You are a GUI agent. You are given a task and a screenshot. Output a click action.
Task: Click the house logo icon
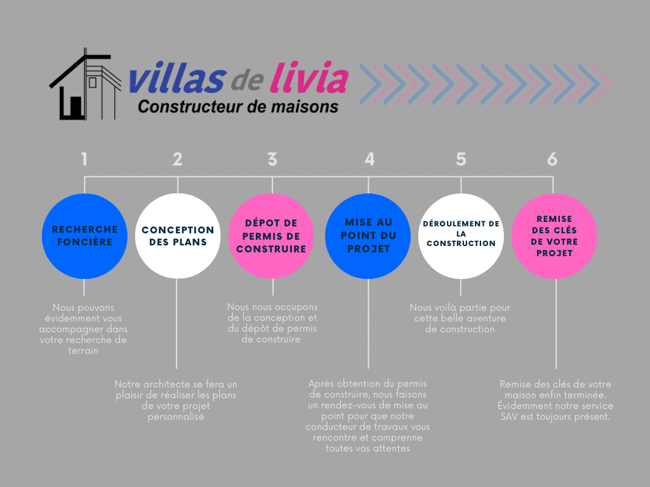pyautogui.click(x=85, y=85)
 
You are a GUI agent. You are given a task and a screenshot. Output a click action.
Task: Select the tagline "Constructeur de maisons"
pyautogui.click(x=238, y=107)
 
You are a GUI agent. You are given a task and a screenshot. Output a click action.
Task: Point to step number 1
pyautogui.click(x=84, y=159)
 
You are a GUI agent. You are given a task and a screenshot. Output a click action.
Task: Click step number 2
pyautogui.click(x=177, y=159)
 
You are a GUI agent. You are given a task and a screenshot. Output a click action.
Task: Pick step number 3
pyautogui.click(x=272, y=159)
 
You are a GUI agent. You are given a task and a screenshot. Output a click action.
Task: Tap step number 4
pyautogui.click(x=369, y=159)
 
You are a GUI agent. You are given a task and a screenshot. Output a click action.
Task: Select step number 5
pyautogui.click(x=461, y=159)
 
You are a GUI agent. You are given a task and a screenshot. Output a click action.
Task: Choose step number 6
pyautogui.click(x=552, y=159)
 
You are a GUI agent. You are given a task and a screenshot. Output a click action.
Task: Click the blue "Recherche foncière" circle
pyautogui.click(x=84, y=236)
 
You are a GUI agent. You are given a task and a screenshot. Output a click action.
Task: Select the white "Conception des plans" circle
pyautogui.click(x=178, y=236)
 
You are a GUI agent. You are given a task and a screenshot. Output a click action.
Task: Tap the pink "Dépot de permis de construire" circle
pyautogui.click(x=271, y=236)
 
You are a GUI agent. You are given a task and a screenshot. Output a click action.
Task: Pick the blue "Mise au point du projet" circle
pyautogui.click(x=368, y=236)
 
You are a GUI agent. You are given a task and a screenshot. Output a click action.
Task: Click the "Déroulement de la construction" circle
pyautogui.click(x=461, y=236)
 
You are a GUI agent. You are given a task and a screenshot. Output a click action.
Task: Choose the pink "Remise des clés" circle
pyautogui.click(x=554, y=236)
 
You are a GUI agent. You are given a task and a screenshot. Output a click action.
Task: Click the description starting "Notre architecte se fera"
pyautogui.click(x=176, y=401)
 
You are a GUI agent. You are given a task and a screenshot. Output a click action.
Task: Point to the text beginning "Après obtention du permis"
pyautogui.click(x=368, y=416)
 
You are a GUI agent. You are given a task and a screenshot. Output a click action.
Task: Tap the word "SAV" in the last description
pyautogui.click(x=510, y=417)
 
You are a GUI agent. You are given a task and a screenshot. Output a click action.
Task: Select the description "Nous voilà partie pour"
pyautogui.click(x=460, y=318)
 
